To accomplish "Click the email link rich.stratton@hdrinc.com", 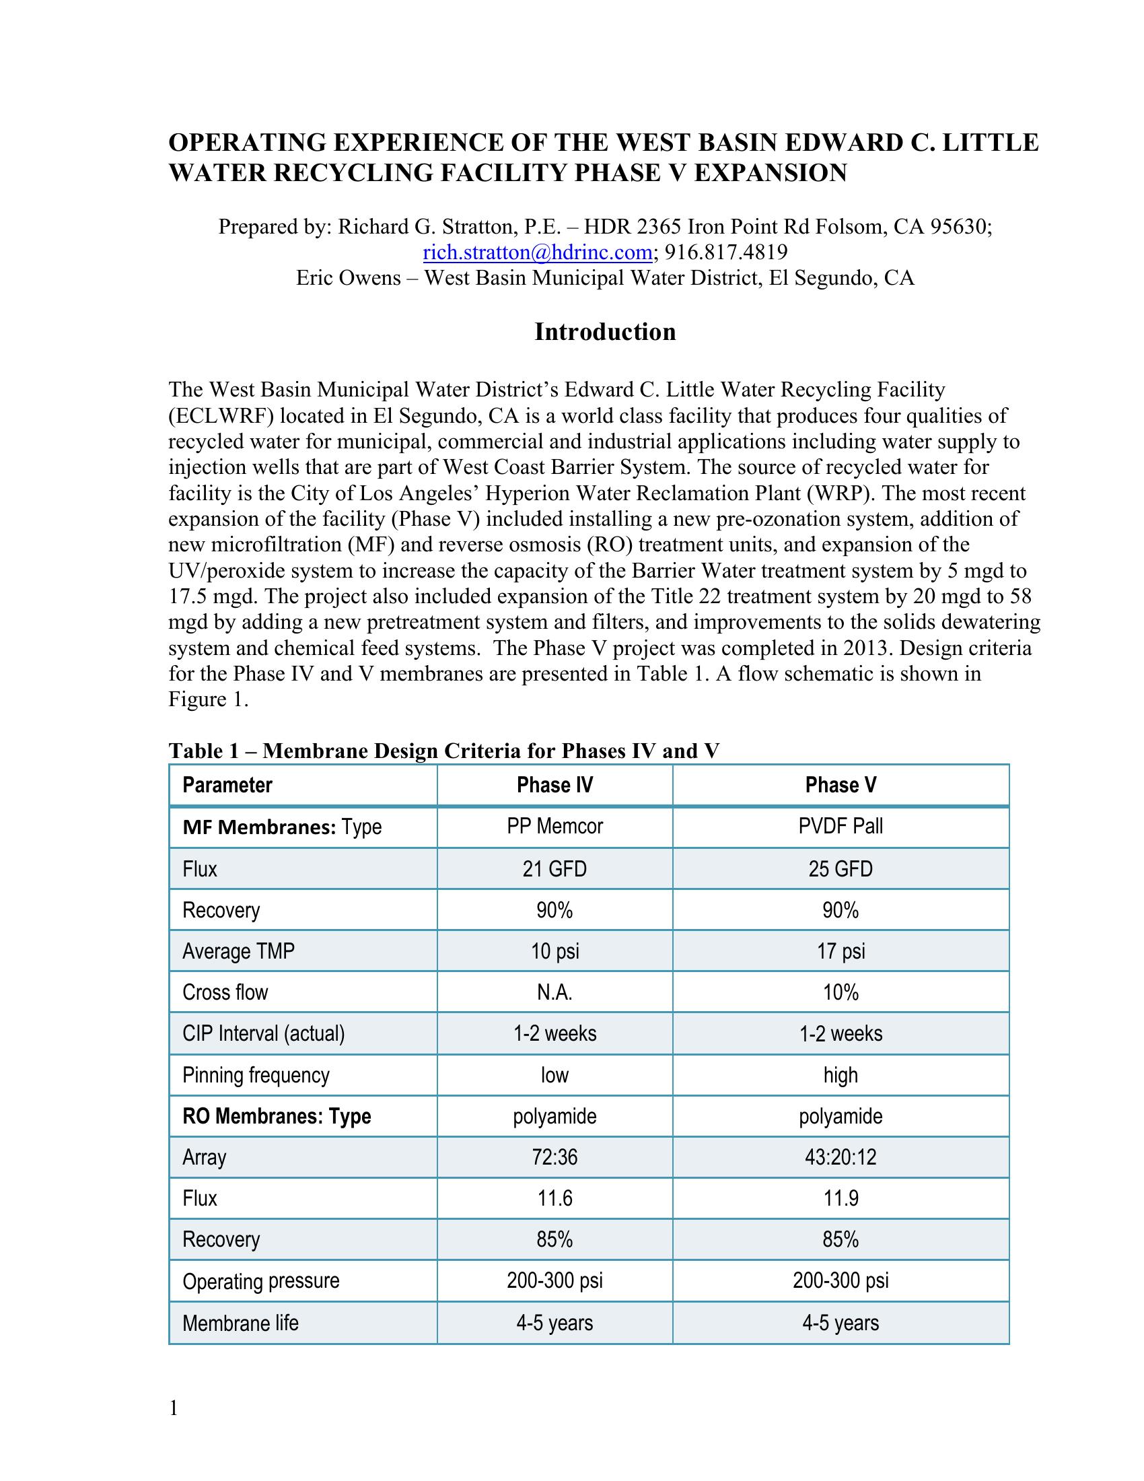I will point(538,252).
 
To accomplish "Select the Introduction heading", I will point(604,332).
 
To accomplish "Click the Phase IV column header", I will point(555,784).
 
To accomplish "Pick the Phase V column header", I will point(841,784).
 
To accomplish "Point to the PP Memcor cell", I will point(555,826).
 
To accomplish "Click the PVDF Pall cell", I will point(841,826).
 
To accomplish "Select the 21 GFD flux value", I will point(555,868).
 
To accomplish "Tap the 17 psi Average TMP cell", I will point(841,951).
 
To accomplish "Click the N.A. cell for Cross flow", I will point(555,992).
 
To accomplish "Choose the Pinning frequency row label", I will point(256,1075).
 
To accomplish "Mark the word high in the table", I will point(841,1075).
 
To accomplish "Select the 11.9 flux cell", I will point(841,1198).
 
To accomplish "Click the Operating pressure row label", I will point(261,1281).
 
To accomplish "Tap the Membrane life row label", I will point(241,1323).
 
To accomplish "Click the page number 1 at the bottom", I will point(174,1408).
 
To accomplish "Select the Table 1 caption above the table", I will point(444,751).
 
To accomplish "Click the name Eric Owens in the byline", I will point(349,278).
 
